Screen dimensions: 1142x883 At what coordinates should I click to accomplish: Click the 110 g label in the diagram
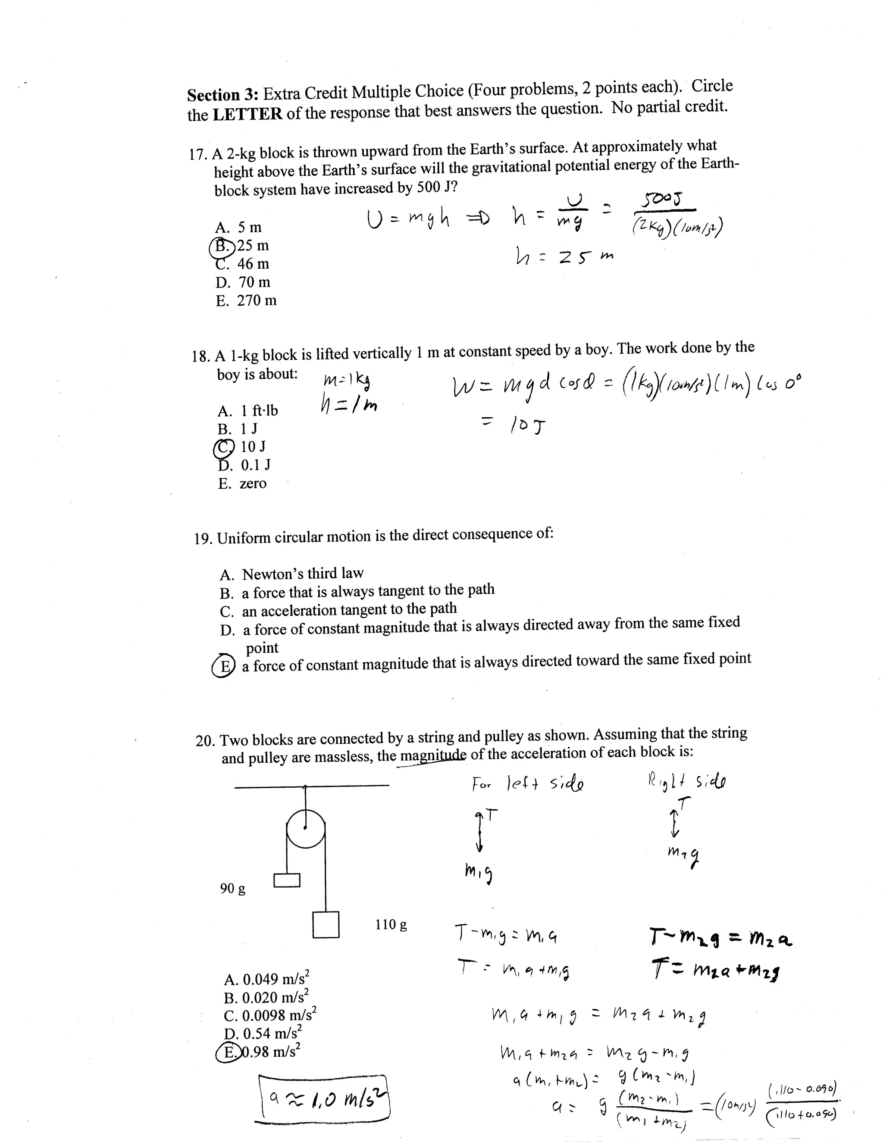(x=391, y=924)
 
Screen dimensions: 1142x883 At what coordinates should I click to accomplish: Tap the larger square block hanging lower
(x=326, y=924)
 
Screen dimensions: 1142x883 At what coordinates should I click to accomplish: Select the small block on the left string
(x=287, y=880)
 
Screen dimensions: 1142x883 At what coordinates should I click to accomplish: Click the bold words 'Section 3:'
(x=223, y=95)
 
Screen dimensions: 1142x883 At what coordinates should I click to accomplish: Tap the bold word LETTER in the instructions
(x=247, y=113)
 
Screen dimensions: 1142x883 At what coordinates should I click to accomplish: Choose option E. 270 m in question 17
(x=246, y=301)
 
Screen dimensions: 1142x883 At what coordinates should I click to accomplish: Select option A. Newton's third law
(x=291, y=574)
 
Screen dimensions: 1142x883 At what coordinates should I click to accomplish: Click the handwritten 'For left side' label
(x=528, y=784)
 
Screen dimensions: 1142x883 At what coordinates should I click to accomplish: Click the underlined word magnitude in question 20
(x=432, y=755)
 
